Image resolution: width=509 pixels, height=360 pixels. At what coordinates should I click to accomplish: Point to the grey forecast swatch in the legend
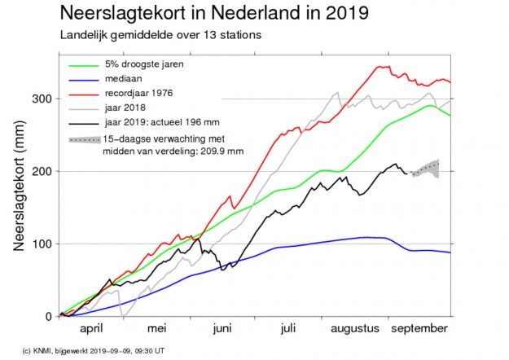84,140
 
